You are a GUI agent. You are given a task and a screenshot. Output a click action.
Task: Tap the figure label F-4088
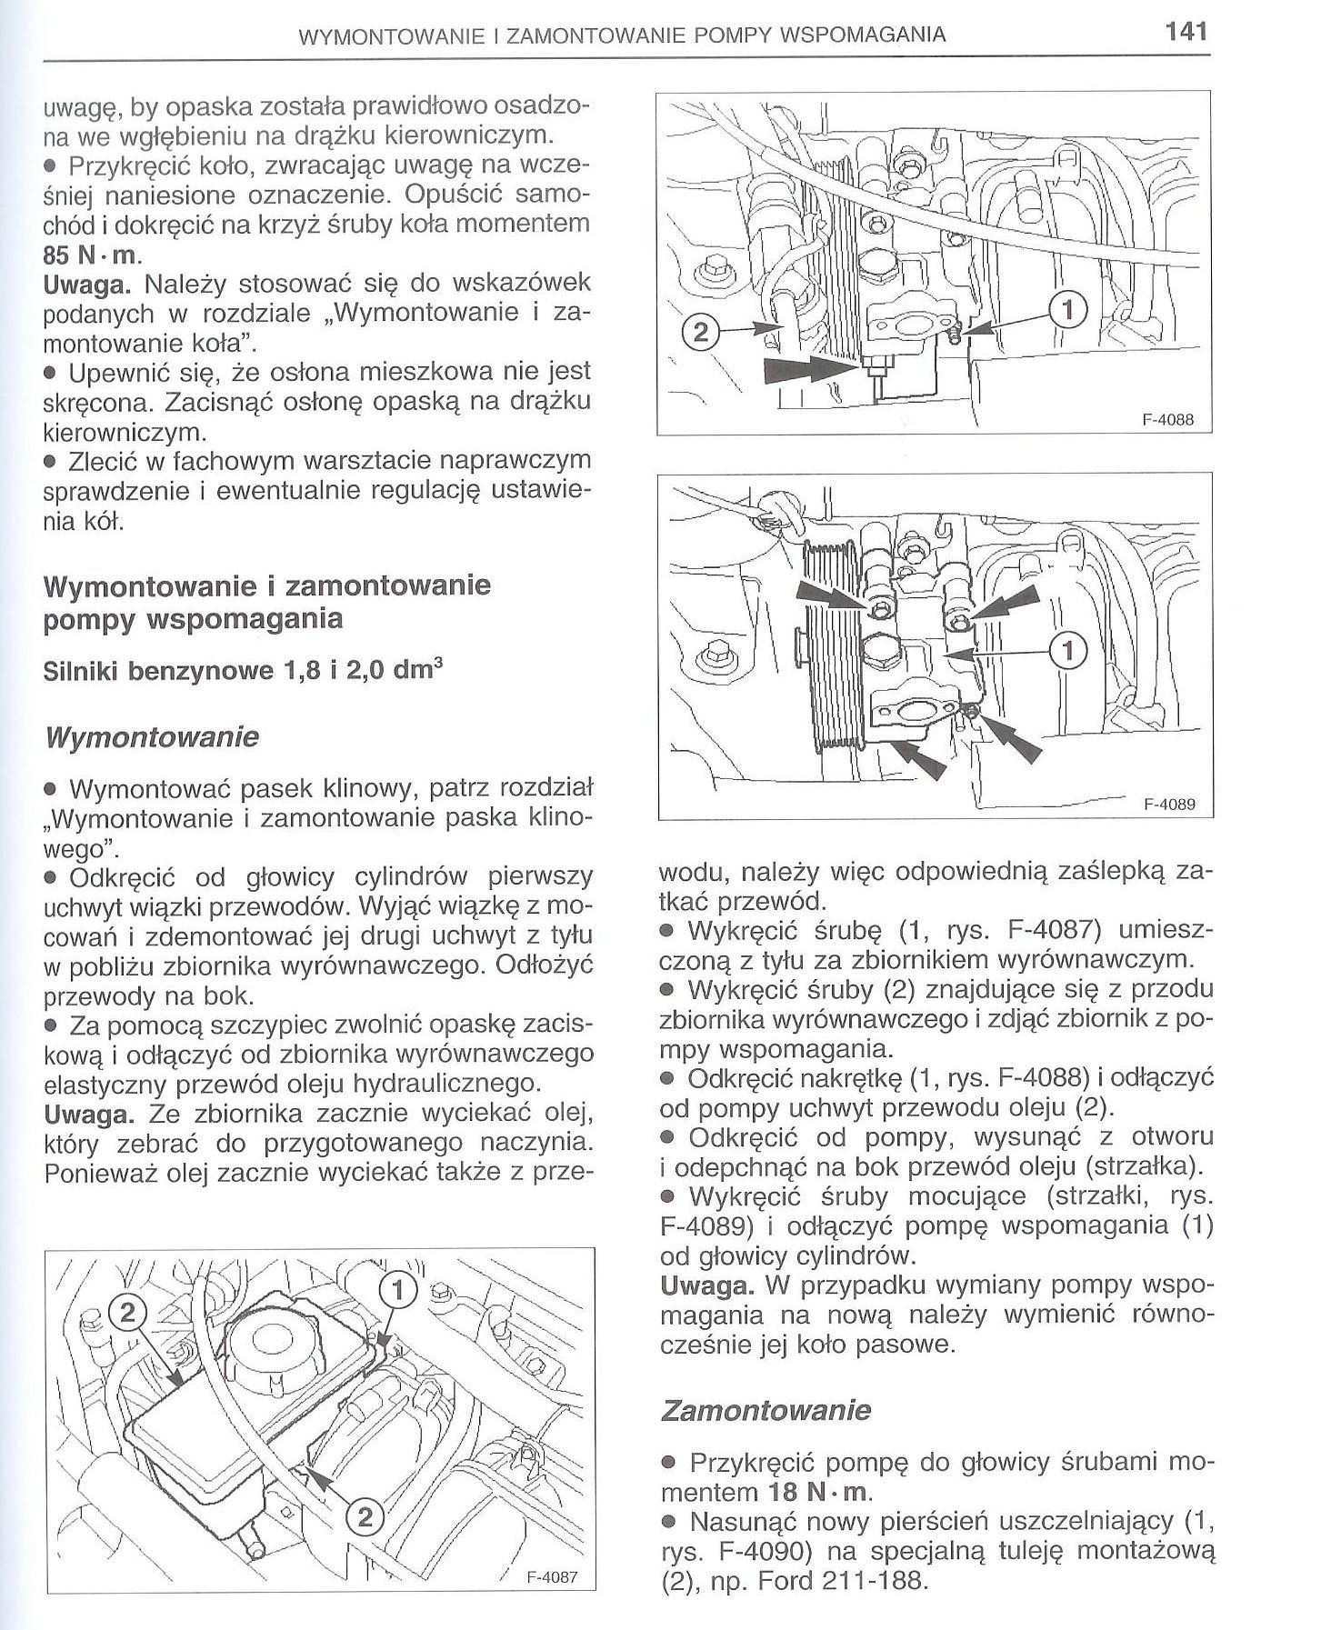(1166, 420)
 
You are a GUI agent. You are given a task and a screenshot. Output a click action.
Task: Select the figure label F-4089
(1166, 804)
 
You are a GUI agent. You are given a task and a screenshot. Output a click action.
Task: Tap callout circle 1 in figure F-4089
(1068, 650)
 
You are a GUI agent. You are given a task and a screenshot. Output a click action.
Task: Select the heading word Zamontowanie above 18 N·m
(766, 1410)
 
